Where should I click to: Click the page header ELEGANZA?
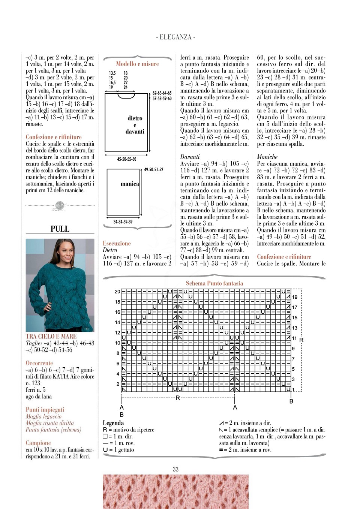click(x=175, y=37)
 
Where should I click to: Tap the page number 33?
click(x=175, y=469)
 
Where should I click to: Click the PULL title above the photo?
click(x=60, y=229)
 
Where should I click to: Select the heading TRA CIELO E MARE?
click(x=51, y=336)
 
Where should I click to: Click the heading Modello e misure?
click(x=137, y=64)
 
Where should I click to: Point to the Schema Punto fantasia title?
click(x=214, y=283)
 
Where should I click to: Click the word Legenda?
click(x=113, y=423)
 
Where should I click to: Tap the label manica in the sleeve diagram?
click(x=130, y=184)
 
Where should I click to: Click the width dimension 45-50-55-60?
click(x=127, y=159)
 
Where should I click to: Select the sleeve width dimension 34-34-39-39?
click(x=123, y=222)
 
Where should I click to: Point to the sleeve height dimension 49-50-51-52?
click(x=154, y=170)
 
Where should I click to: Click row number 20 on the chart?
click(x=117, y=291)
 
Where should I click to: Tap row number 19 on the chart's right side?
click(x=295, y=297)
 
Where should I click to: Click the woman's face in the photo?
click(x=66, y=255)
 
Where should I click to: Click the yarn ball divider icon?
click(x=60, y=205)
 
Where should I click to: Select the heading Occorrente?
click(x=39, y=363)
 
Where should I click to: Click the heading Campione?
click(x=38, y=443)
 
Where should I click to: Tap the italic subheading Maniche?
click(x=267, y=157)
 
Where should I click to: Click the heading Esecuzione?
click(x=117, y=243)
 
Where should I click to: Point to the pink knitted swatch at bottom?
click(x=175, y=491)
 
